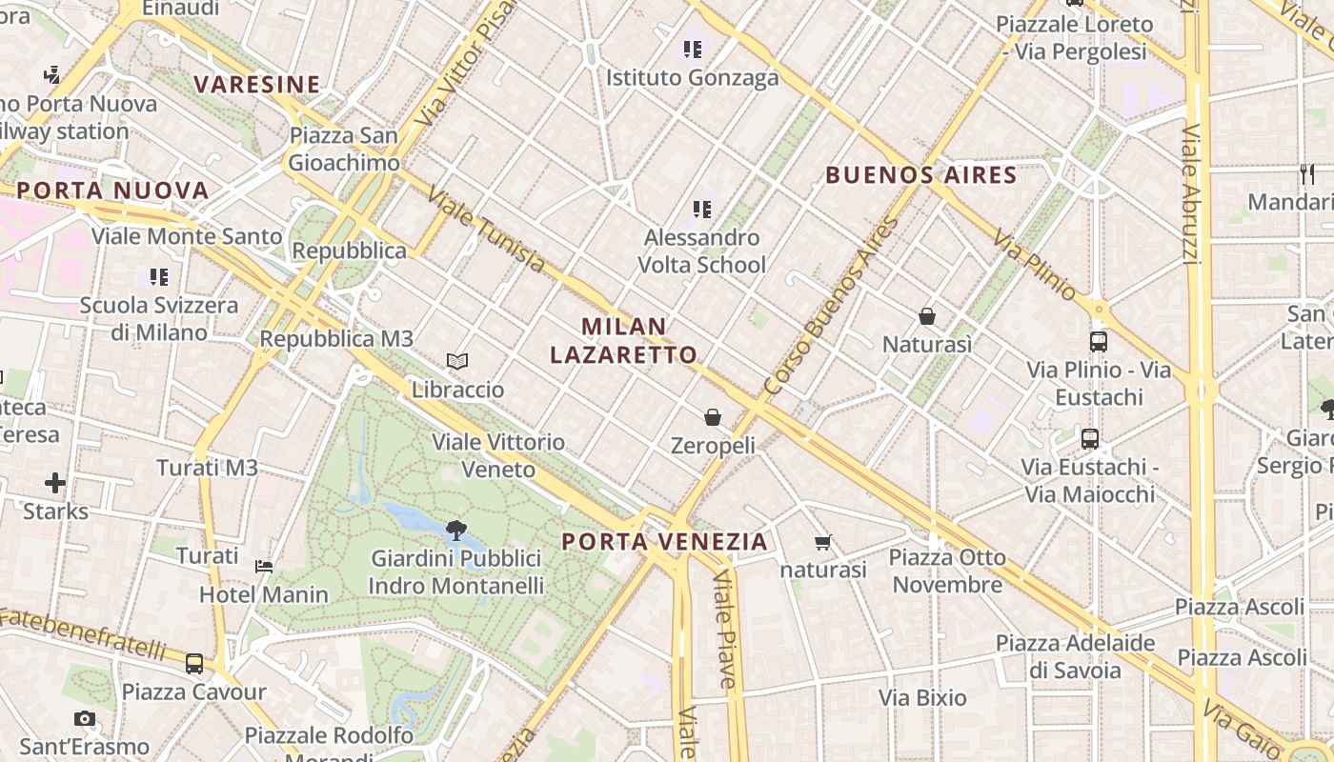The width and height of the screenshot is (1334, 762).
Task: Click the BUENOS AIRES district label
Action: click(921, 175)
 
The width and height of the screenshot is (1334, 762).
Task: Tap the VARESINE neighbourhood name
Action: click(257, 85)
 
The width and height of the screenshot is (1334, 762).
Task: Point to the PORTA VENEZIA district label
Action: click(664, 542)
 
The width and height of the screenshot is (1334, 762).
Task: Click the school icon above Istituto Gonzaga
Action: click(692, 49)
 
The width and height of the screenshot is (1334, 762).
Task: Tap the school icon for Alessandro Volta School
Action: click(702, 209)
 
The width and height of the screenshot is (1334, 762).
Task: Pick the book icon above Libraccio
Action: click(457, 361)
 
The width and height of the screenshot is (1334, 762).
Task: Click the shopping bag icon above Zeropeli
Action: click(713, 416)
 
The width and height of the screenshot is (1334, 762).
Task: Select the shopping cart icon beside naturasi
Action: click(823, 542)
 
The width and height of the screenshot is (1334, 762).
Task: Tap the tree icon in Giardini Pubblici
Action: click(455, 530)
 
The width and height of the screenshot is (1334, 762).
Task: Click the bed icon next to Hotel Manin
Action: click(264, 566)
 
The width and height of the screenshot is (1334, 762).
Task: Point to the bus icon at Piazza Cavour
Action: click(194, 663)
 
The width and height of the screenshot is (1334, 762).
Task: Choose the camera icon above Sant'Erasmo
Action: click(85, 718)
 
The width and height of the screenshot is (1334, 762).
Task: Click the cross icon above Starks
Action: click(55, 483)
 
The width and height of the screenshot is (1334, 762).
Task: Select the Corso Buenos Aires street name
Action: click(832, 307)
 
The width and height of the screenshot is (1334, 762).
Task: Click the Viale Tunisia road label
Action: click(486, 229)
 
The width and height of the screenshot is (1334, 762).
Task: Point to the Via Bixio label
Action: click(922, 698)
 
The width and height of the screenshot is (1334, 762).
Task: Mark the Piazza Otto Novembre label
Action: click(948, 571)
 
